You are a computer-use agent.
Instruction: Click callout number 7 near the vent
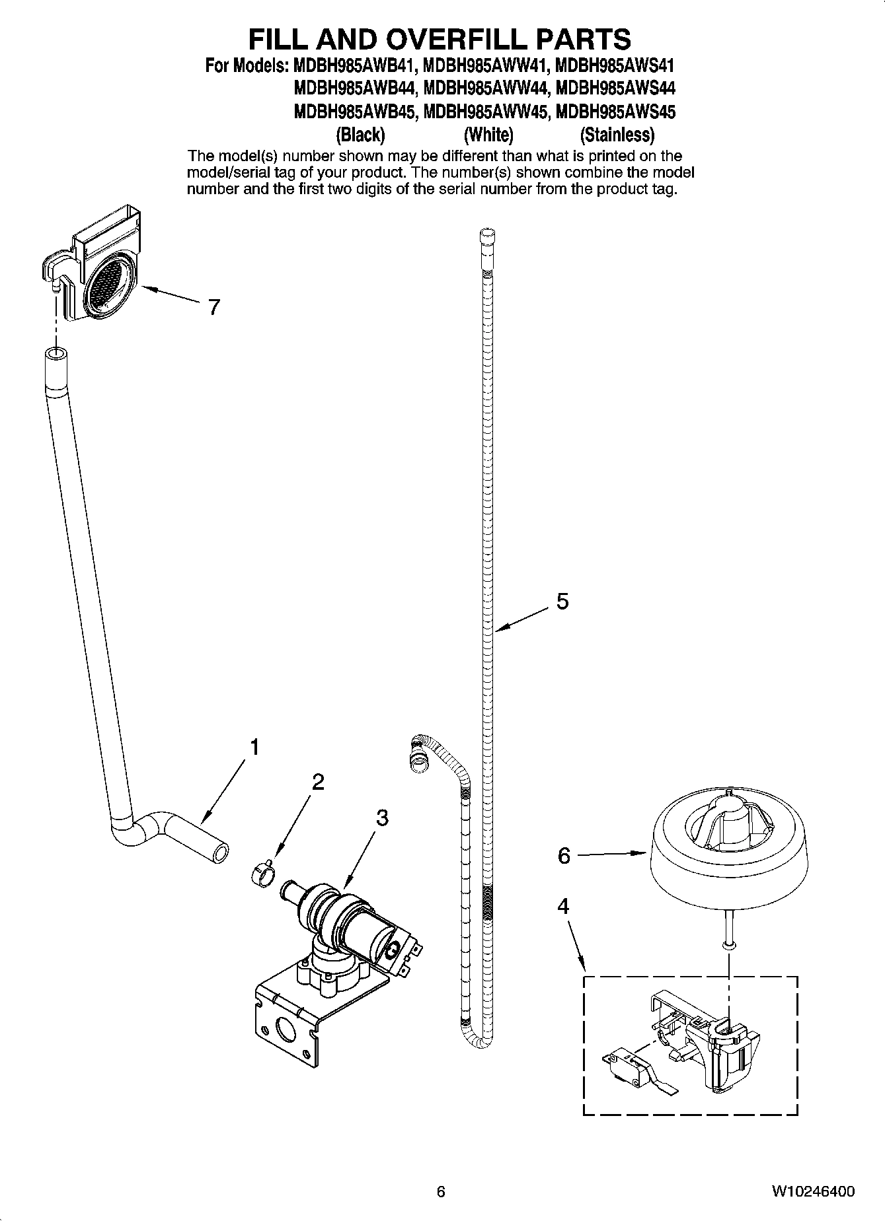(x=213, y=307)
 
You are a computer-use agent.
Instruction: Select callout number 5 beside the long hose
(x=562, y=601)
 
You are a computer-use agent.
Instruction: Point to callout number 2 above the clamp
(x=318, y=782)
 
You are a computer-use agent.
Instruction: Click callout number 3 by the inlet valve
(x=382, y=818)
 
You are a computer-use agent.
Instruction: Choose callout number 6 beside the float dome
(x=564, y=855)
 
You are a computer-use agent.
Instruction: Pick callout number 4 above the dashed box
(x=562, y=906)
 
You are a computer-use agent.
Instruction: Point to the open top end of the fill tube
(x=56, y=355)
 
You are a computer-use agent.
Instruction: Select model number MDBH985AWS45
(x=616, y=112)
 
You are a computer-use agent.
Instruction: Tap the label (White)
(x=488, y=135)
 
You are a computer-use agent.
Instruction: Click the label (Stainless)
(x=617, y=135)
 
